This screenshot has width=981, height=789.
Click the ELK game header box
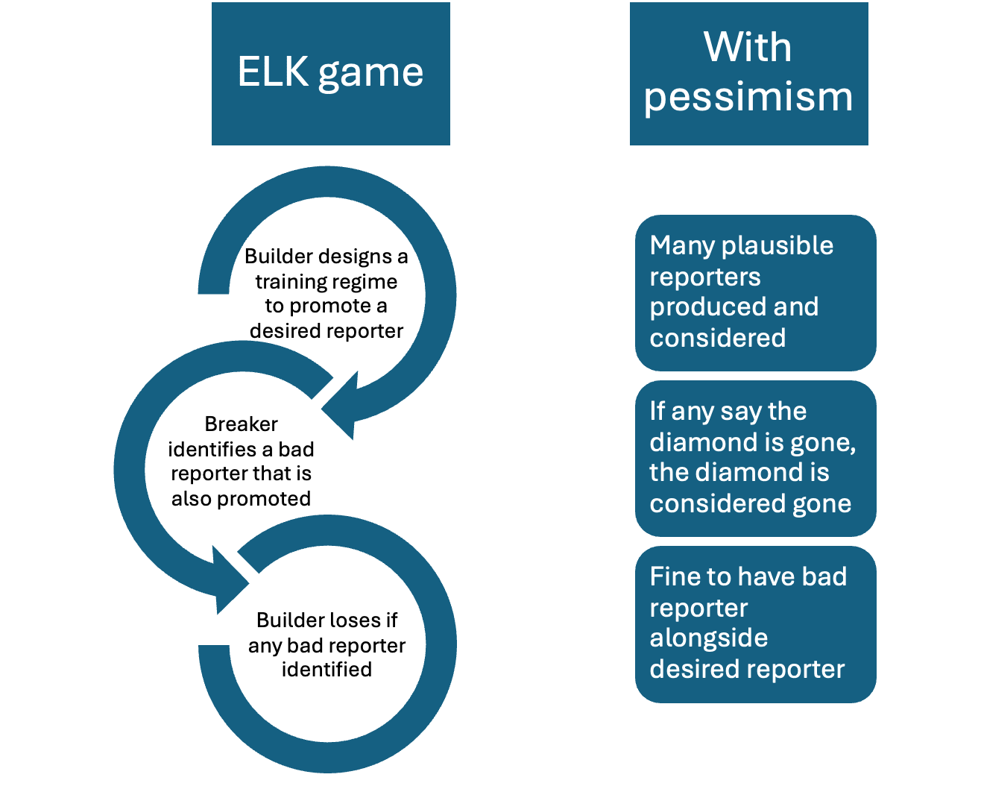tap(330, 74)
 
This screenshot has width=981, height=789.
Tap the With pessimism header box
tap(748, 74)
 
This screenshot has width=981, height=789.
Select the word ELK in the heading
tap(273, 72)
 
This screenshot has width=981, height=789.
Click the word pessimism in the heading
tap(748, 97)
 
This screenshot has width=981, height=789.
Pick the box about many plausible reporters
tap(755, 292)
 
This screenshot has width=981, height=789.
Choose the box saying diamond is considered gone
tap(755, 458)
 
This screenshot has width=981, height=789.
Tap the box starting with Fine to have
tap(755, 623)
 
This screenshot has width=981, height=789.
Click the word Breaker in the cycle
tap(241, 424)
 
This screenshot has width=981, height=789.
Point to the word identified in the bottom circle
tap(327, 669)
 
